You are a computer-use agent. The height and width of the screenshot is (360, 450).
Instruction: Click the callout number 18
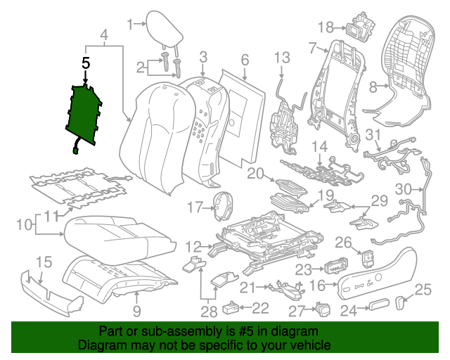(x=324, y=27)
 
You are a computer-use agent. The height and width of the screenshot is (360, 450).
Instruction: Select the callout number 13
(x=281, y=58)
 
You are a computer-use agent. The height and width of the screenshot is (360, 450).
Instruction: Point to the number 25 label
(x=422, y=289)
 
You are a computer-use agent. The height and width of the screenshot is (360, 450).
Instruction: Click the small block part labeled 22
(x=231, y=307)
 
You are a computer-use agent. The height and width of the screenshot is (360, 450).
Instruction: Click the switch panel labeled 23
(x=334, y=269)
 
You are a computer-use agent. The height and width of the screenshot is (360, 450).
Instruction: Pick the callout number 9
(x=136, y=309)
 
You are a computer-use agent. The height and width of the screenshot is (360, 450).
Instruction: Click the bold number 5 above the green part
(x=86, y=63)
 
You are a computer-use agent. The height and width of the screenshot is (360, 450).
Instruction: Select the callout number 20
(x=255, y=173)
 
